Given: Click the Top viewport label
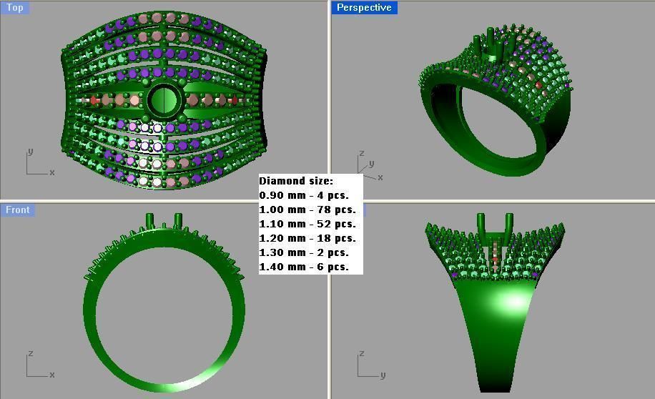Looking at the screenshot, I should [14, 8].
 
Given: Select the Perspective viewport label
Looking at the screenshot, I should [364, 8].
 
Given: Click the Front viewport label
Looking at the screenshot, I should [18, 210].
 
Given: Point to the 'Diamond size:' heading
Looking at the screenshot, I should [296, 181].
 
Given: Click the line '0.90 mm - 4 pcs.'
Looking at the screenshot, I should [304, 195].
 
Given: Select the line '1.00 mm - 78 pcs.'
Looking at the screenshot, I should [307, 210].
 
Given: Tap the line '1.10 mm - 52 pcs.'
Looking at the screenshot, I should [307, 224].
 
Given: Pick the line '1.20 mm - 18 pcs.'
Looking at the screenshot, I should [307, 238].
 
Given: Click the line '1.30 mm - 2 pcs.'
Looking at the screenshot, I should [304, 252].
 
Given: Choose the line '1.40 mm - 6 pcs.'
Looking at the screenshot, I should [304, 267].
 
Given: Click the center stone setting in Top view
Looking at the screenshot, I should [164, 101].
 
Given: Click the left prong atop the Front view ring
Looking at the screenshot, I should [150, 220].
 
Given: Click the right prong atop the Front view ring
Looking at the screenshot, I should [178, 220].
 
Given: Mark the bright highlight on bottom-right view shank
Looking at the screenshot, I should [514, 301].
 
